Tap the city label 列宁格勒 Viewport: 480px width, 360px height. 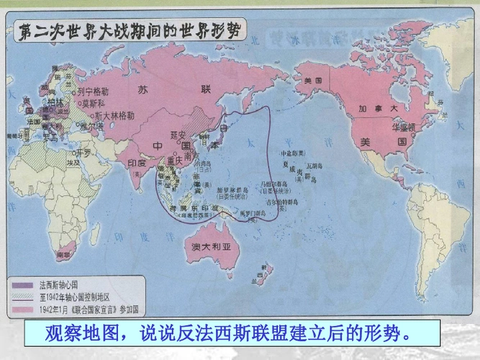click(94, 91)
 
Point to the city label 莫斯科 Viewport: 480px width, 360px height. click(96, 103)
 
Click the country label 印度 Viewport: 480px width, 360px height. click(137, 163)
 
